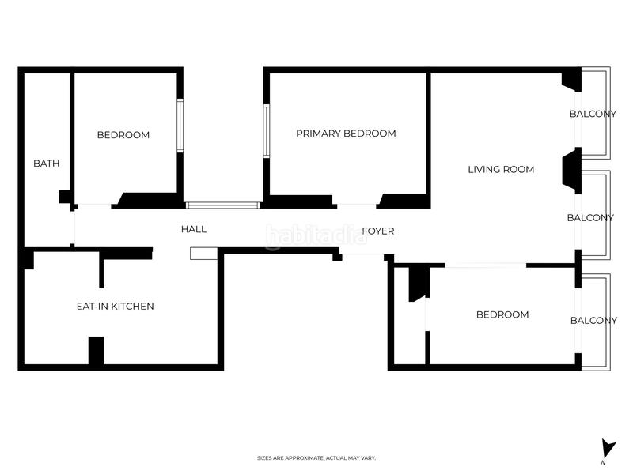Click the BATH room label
[x=46, y=164]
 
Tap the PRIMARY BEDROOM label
[x=346, y=134]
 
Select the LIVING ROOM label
[x=501, y=169]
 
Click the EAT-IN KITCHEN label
[x=115, y=306]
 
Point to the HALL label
[x=194, y=229]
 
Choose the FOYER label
[x=378, y=231]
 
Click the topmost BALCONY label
[x=593, y=114]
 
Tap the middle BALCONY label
[x=591, y=218]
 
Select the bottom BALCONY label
[x=593, y=320]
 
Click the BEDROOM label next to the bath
[x=123, y=135]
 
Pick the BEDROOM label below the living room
[x=502, y=314]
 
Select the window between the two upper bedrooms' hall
[x=222, y=205]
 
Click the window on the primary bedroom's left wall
[x=267, y=132]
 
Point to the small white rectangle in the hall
[x=203, y=253]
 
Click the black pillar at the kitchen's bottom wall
[x=96, y=351]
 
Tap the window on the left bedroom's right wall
[x=180, y=126]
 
